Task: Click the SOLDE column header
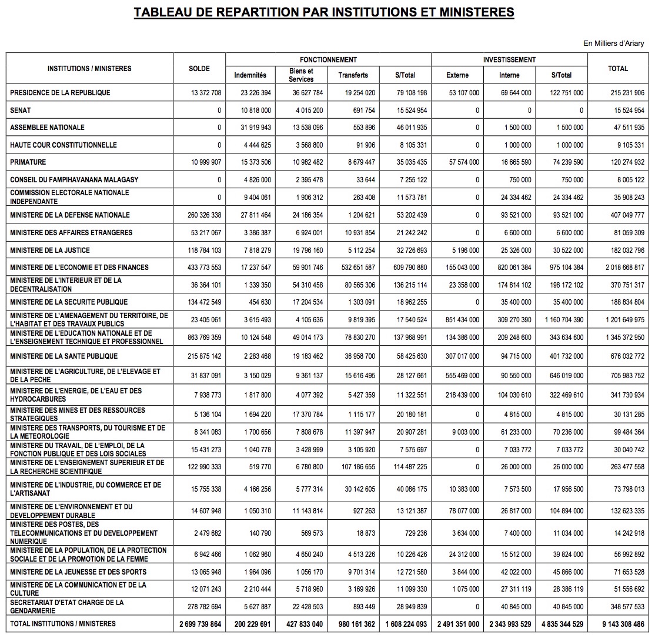click(199, 69)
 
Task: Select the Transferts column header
click(353, 75)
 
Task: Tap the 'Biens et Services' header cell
click(301, 75)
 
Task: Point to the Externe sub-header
click(457, 75)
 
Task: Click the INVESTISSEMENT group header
click(509, 60)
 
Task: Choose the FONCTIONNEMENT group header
click(328, 60)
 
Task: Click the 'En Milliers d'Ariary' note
click(613, 44)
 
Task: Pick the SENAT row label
click(21, 110)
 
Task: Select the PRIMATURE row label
click(28, 162)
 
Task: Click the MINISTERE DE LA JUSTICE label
click(50, 251)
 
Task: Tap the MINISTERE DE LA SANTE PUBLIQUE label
click(64, 356)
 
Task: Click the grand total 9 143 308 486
click(618, 624)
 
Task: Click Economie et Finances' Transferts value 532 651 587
click(353, 268)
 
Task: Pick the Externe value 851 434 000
click(457, 320)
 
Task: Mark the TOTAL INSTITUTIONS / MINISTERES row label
click(63, 623)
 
